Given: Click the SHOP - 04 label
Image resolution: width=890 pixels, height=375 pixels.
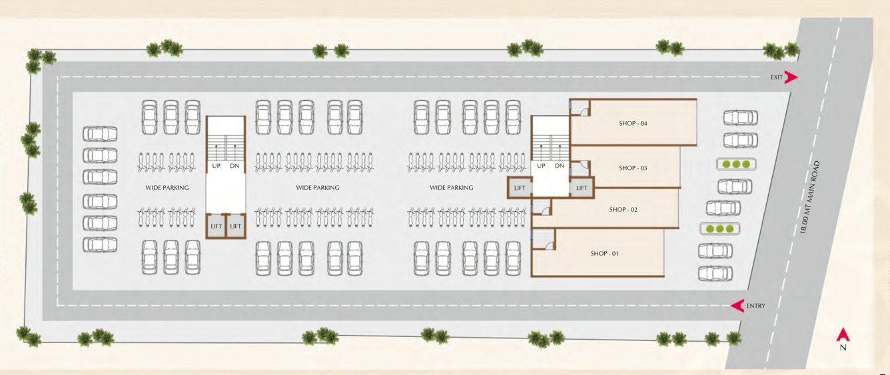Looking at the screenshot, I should click(634, 123).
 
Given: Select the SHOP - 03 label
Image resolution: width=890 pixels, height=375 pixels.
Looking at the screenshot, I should click(632, 168).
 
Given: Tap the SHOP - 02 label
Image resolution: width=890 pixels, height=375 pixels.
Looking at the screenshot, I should click(623, 209).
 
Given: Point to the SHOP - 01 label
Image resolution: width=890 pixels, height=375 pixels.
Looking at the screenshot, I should click(604, 253).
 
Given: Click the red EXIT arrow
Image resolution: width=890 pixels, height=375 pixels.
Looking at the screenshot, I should click(791, 77).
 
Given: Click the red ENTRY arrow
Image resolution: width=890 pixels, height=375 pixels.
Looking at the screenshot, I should click(737, 306).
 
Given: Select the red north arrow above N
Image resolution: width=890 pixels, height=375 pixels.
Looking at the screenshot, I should click(843, 334).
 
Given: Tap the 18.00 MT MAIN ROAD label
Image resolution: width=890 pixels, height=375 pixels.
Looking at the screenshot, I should click(811, 196).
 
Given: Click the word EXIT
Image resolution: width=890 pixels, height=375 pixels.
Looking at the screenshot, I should click(777, 77).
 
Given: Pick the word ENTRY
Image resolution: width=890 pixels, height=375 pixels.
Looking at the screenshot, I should click(756, 306).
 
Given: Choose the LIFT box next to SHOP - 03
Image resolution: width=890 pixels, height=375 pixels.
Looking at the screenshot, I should click(582, 188).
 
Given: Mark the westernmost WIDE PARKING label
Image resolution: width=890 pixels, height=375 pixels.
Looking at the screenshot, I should click(167, 188).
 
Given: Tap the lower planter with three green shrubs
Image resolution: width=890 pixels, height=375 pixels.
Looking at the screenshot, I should click(719, 228).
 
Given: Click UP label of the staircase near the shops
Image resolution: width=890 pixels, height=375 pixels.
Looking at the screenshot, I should click(541, 165).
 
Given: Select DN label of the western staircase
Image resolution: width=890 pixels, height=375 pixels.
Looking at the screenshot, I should click(234, 165).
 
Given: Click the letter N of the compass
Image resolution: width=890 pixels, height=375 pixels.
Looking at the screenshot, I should click(843, 348).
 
